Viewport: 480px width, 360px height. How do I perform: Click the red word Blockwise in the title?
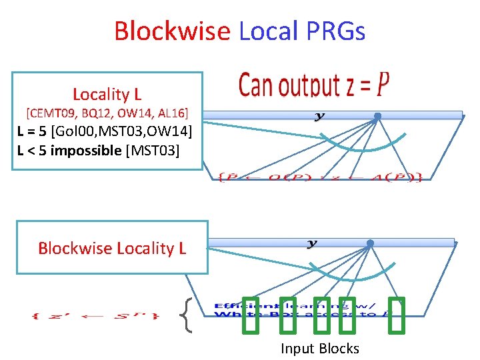[x=171, y=31]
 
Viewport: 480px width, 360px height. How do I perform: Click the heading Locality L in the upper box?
[x=107, y=94]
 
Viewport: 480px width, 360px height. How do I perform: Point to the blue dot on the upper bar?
[x=377, y=116]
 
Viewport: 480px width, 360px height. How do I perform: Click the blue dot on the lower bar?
[x=370, y=243]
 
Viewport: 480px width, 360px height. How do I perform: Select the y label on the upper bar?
[x=319, y=116]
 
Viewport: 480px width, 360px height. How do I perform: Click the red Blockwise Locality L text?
[x=112, y=248]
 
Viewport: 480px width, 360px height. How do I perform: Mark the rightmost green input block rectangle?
[x=397, y=315]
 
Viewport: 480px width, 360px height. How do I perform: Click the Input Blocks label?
[x=319, y=348]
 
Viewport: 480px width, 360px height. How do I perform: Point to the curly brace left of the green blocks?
[x=187, y=314]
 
